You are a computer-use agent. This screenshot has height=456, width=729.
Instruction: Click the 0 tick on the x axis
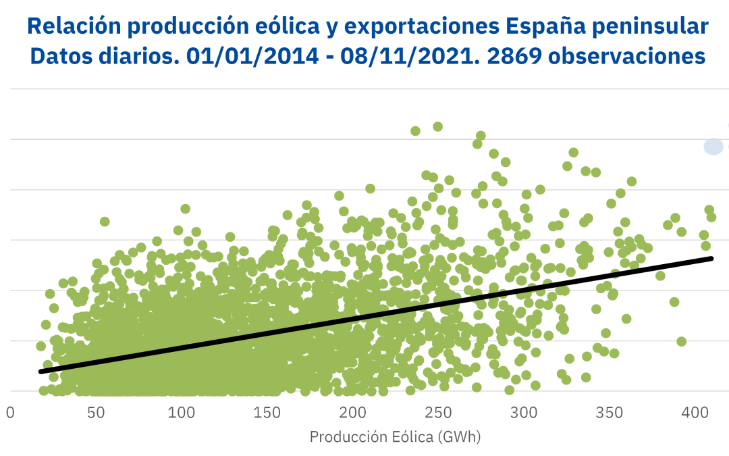pos(10,412)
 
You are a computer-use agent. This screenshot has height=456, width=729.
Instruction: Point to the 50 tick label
pos(96,412)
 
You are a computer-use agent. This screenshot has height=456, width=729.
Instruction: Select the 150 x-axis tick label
pos(267,412)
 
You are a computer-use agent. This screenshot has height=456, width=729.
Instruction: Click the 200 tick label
pos(352,412)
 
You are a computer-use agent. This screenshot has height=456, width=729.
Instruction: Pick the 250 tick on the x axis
pos(438,412)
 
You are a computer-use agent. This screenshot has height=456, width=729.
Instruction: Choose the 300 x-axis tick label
pos(524,412)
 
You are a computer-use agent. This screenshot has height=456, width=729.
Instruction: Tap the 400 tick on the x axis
pos(695,412)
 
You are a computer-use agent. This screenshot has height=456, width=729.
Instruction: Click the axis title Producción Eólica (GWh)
pos(395,437)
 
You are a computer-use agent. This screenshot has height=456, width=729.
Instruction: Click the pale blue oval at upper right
pos(713,146)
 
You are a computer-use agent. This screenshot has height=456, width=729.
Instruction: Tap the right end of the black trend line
pos(711,258)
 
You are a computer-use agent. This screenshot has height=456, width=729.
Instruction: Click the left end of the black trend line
pos(40,372)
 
